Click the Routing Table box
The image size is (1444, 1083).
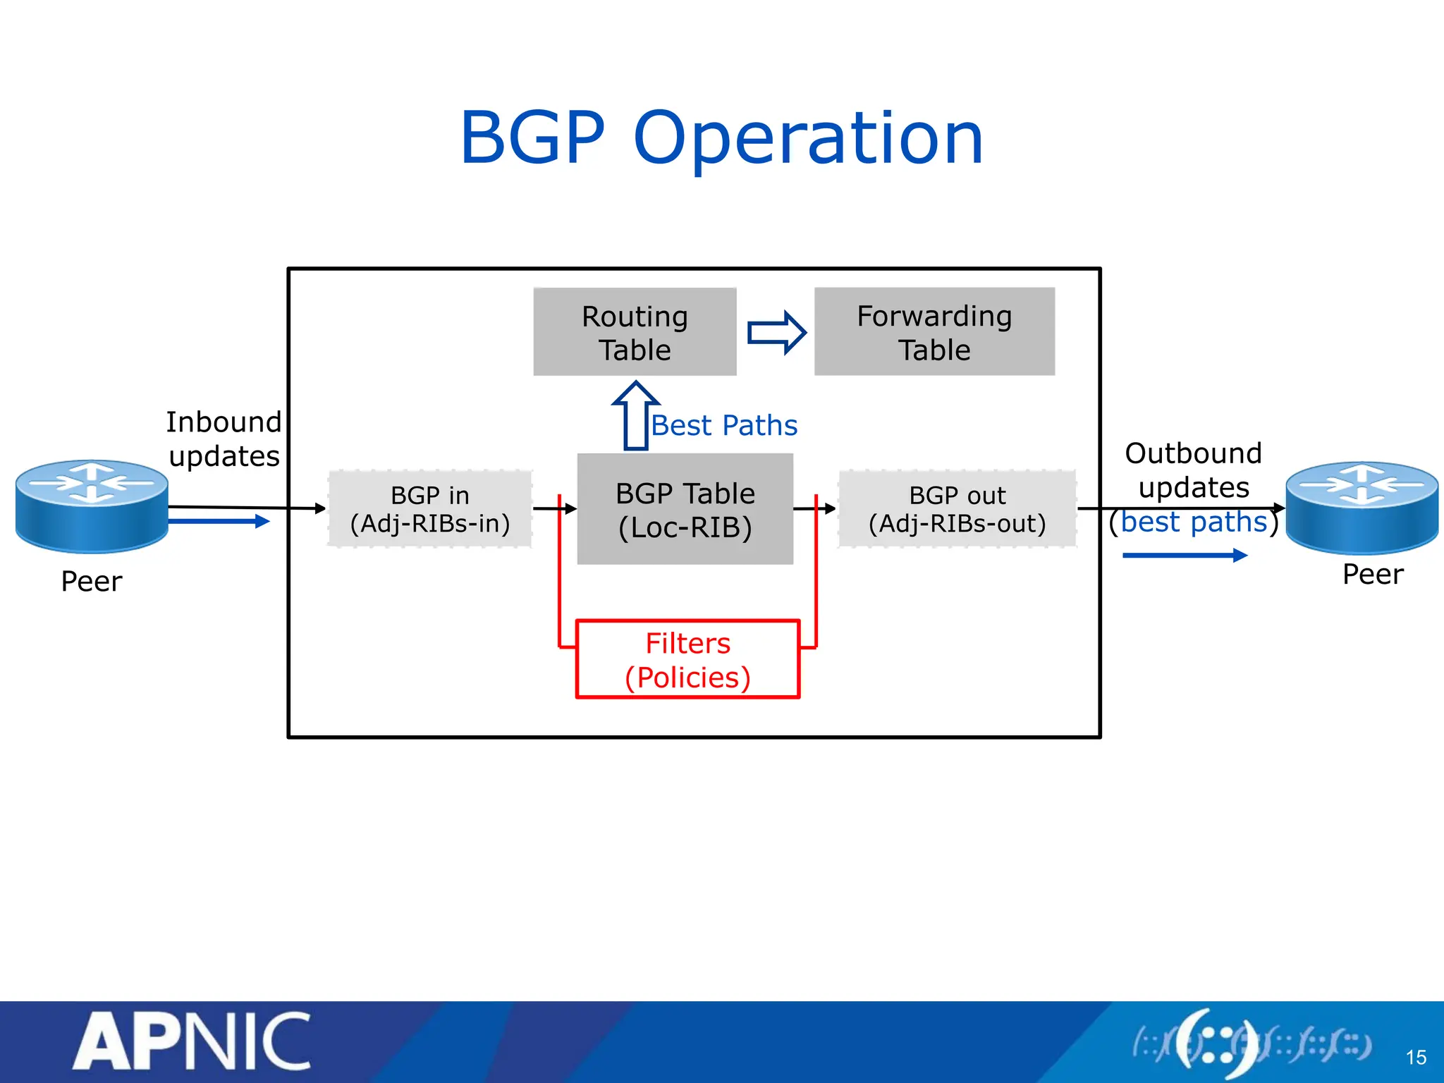point(635,331)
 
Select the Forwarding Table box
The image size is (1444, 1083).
point(934,331)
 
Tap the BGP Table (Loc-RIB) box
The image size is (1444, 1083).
point(685,509)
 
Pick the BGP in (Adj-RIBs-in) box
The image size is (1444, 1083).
point(429,509)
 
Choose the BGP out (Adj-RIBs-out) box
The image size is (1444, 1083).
point(957,509)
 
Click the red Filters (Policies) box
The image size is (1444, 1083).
point(687,659)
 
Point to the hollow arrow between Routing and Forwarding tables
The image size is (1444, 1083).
point(776,332)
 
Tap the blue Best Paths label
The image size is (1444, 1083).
point(724,426)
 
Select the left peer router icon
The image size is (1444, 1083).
point(92,506)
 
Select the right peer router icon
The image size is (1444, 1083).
point(1362,508)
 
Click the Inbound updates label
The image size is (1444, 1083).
point(224,439)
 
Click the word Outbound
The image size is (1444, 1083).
point(1193,453)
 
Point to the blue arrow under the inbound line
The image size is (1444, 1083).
point(219,522)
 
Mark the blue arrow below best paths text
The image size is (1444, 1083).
point(1185,556)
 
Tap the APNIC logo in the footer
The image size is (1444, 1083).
point(192,1042)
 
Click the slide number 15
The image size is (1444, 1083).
point(1416,1058)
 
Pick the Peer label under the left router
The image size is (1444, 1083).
point(92,582)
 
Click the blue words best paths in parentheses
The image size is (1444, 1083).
point(1194,522)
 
